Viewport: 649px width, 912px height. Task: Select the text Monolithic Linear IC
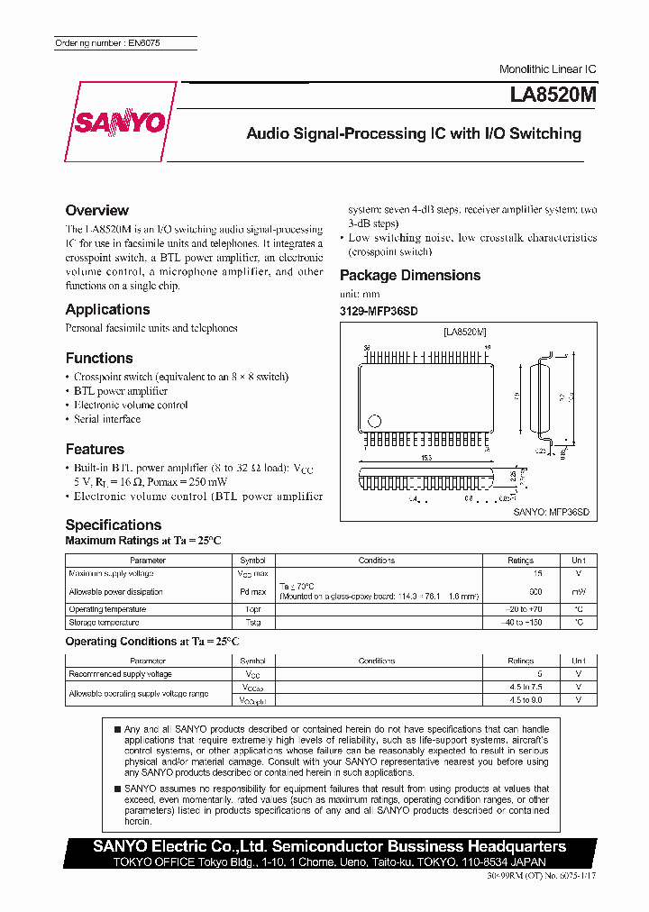[x=547, y=69]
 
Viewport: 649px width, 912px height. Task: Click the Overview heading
[x=97, y=210]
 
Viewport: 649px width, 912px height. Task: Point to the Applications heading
[x=107, y=309]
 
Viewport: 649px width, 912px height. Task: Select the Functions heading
[x=99, y=358]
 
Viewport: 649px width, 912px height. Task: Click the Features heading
[x=95, y=449]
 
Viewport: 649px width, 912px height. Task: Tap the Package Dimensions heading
[x=410, y=275]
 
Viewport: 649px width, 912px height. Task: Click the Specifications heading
[x=114, y=524]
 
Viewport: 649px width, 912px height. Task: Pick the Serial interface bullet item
[x=107, y=419]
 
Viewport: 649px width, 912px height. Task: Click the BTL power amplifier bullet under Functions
[x=121, y=391]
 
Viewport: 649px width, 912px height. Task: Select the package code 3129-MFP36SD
[x=379, y=311]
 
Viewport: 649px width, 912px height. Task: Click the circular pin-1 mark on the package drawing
[x=376, y=421]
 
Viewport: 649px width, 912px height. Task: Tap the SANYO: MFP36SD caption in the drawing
[x=551, y=511]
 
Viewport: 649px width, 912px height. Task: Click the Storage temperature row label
[x=104, y=623]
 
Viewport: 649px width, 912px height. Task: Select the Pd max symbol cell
[x=252, y=592]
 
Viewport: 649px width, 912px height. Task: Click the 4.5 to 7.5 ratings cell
[x=521, y=688]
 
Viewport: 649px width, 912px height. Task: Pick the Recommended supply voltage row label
[x=120, y=674]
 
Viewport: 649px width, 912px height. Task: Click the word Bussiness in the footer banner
[x=426, y=846]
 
